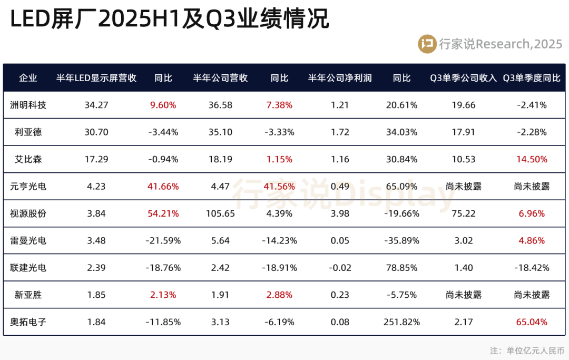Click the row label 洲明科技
pos(28,105)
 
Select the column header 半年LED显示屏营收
pos(96,78)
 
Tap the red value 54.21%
pos(163,213)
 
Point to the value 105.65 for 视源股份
pos(220,213)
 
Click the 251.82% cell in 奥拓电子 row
pos(402,322)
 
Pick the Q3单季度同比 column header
pos(532,78)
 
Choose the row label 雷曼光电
pos(28,241)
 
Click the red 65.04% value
pos(532,322)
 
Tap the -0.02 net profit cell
pos(340,268)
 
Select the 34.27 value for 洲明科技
pos(96,105)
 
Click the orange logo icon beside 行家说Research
pos(427,44)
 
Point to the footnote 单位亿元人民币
pos(535,350)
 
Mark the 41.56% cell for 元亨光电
pos(279,187)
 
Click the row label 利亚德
pos(28,132)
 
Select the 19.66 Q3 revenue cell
pos(464,105)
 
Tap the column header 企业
pos(28,78)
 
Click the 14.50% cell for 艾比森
pos(532,159)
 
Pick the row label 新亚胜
pos(28,295)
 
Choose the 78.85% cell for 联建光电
pos(402,268)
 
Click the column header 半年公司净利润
pos(340,78)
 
